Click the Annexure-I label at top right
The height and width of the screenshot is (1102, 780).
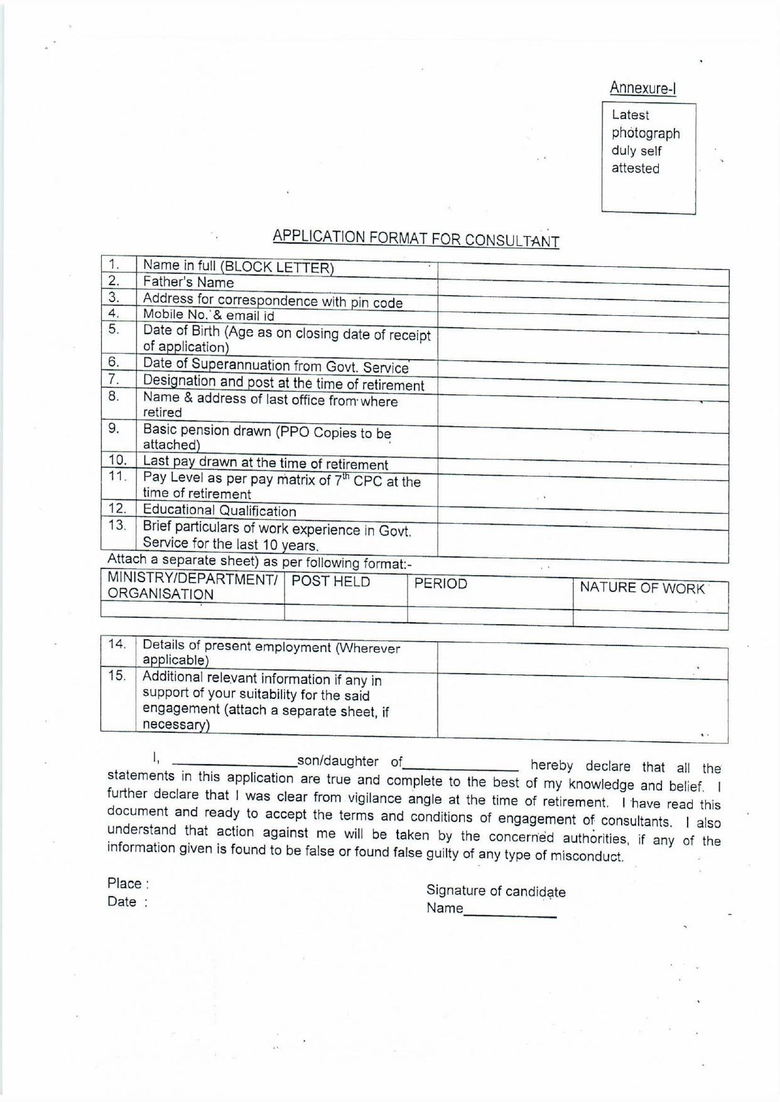(x=642, y=89)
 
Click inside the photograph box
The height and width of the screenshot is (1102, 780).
(x=648, y=159)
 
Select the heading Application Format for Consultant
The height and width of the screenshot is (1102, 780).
(x=415, y=239)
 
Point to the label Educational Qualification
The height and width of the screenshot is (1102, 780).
(x=219, y=510)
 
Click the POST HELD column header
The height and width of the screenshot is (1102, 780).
(x=331, y=582)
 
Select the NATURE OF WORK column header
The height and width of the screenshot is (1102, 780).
(x=642, y=588)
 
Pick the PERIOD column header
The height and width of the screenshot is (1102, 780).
(x=441, y=584)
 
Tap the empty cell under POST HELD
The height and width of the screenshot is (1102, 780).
(x=345, y=613)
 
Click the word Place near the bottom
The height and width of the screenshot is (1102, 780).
(x=124, y=883)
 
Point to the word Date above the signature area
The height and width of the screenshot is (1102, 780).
(x=122, y=902)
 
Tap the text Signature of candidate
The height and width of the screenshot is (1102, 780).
(x=496, y=891)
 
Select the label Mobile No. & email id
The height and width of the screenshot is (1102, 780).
(x=209, y=315)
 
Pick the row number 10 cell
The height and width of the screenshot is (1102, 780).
(x=117, y=460)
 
